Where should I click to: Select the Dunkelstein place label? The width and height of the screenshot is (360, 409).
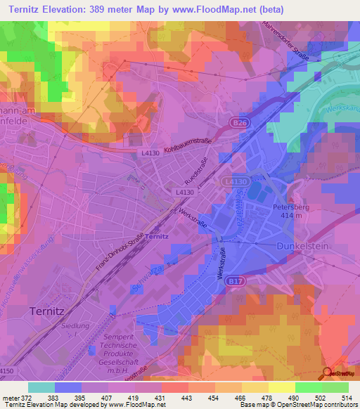pos(304,247)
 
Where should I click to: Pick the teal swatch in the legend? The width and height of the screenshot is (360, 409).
pos(41,387)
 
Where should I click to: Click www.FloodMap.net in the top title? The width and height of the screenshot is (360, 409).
pos(232,10)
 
